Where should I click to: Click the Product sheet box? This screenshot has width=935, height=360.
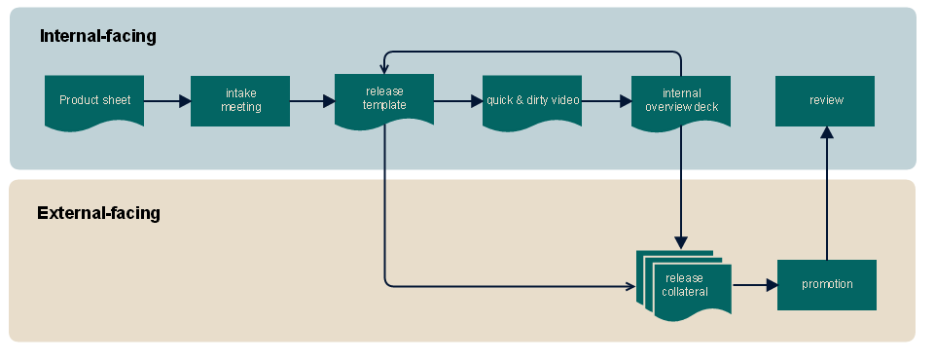[x=94, y=101]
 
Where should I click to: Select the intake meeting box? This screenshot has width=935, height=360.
[x=240, y=101]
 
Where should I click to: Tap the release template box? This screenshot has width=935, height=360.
[x=384, y=100]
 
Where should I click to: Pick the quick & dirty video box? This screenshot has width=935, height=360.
[x=532, y=101]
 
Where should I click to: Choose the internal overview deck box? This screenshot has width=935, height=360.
[x=681, y=101]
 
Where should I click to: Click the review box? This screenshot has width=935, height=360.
[x=825, y=101]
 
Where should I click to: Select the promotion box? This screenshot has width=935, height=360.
[x=827, y=285]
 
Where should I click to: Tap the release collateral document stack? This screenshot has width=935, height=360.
[x=685, y=285]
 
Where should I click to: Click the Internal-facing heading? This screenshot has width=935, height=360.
[x=98, y=36]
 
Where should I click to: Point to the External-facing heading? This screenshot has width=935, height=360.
[x=98, y=213]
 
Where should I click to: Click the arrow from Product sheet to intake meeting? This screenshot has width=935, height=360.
[x=167, y=101]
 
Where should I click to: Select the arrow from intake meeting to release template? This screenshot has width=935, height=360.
[x=312, y=101]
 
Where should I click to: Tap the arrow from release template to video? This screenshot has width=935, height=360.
[x=458, y=101]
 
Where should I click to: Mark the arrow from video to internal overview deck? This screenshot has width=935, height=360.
[x=606, y=101]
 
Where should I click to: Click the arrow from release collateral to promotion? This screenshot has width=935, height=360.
[x=755, y=285]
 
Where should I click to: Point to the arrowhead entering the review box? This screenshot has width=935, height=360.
[x=826, y=132]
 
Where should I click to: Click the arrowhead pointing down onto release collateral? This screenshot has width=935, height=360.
[x=681, y=243]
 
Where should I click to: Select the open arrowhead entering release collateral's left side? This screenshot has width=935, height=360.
[x=631, y=286]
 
